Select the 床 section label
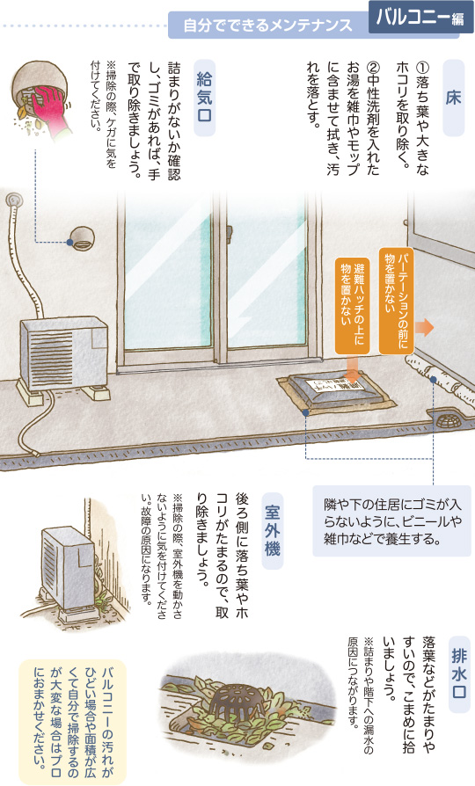coord(453,98)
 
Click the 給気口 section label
coord(204,98)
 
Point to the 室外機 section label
coord(273,531)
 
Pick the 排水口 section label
coord(459,673)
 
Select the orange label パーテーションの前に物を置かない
coord(397,301)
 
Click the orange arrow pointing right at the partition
coord(424,327)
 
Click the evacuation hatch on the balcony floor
coord(336,392)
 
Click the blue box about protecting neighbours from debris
coord(391,520)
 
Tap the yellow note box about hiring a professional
coord(73,721)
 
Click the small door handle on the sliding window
coord(230,232)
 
